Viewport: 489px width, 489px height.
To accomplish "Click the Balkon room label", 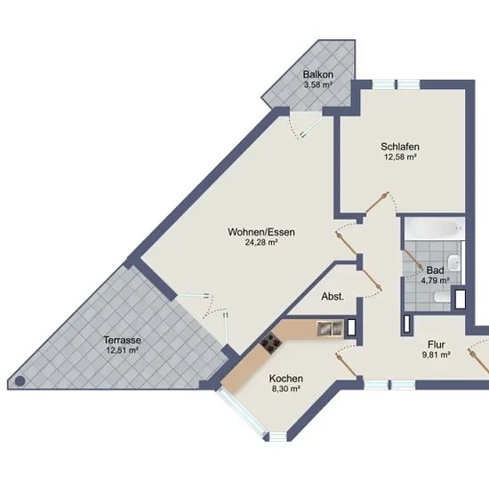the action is point(318,75).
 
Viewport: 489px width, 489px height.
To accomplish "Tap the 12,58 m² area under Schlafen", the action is point(400,156).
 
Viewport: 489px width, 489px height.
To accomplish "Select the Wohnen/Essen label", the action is point(261,232).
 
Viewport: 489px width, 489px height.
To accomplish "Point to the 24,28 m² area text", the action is point(261,243).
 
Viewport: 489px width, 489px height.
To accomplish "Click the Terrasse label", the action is point(123,340).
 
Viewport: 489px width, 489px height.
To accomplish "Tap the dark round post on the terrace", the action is point(20,381).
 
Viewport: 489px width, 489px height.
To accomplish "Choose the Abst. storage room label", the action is point(333,297).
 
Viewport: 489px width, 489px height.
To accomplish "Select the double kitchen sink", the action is point(330,329).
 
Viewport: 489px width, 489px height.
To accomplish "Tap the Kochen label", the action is point(286,379).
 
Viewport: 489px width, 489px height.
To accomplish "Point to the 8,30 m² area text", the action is point(286,389).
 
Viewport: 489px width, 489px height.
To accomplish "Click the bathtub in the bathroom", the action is point(435,228).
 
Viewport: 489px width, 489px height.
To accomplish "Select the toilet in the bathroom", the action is point(442,297).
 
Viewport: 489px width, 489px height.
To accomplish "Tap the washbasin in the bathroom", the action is point(453,262).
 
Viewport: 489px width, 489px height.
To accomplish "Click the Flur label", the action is point(436,345).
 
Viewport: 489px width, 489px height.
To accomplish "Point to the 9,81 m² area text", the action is point(436,355).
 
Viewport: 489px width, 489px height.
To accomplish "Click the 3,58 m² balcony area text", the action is point(317,84).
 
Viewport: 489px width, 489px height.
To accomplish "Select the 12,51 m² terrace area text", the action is point(123,350).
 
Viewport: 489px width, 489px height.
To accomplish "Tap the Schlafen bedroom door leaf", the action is point(377,203).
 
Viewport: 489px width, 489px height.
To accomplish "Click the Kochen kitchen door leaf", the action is point(346,365).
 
